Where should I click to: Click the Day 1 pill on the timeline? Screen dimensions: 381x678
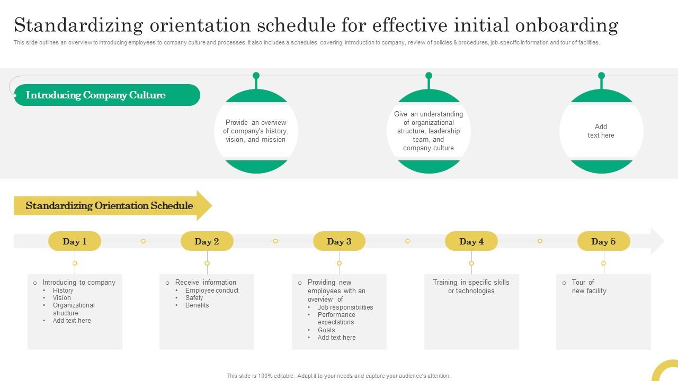pos(75,241)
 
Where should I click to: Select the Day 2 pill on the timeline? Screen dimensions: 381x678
pos(207,241)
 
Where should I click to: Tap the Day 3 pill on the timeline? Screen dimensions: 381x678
pos(339,241)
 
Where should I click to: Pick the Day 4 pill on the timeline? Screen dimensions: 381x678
pos(471,241)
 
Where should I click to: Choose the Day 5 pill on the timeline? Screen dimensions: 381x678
pos(603,241)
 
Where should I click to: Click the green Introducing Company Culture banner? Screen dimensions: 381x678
pos(106,95)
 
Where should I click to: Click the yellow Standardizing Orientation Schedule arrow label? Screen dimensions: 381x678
pos(109,206)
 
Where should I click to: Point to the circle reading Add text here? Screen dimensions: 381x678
pos(601,131)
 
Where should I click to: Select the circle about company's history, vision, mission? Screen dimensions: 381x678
pos(256,131)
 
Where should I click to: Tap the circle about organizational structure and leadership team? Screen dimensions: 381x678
pos(429,131)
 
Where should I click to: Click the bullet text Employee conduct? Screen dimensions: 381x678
pos(212,291)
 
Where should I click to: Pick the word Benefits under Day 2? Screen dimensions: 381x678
pos(197,305)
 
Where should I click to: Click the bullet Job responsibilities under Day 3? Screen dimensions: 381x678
pos(345,307)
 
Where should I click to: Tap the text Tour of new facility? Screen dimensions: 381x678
pos(588,286)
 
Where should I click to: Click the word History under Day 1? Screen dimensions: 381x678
pos(63,291)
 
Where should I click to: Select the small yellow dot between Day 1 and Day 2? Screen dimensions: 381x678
pos(143,241)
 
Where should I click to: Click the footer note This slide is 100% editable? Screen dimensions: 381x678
pos(338,376)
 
